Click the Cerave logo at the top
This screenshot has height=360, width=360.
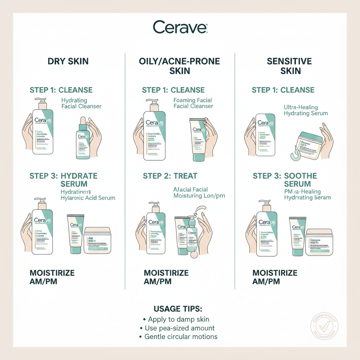tap(180, 27)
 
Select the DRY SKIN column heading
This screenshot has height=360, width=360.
tap(68, 62)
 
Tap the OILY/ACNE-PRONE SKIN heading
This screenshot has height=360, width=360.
tap(180, 66)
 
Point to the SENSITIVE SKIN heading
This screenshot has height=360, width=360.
tap(289, 66)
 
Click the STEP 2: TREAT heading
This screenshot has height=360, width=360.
tap(170, 176)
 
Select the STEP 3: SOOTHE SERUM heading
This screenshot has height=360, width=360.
tap(285, 180)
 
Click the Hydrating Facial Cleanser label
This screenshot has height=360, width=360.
tap(81, 103)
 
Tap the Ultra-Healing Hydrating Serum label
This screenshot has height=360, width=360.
tap(306, 110)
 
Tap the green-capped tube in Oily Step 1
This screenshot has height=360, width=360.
tap(199, 140)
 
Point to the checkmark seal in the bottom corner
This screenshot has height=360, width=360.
tap(324, 324)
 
